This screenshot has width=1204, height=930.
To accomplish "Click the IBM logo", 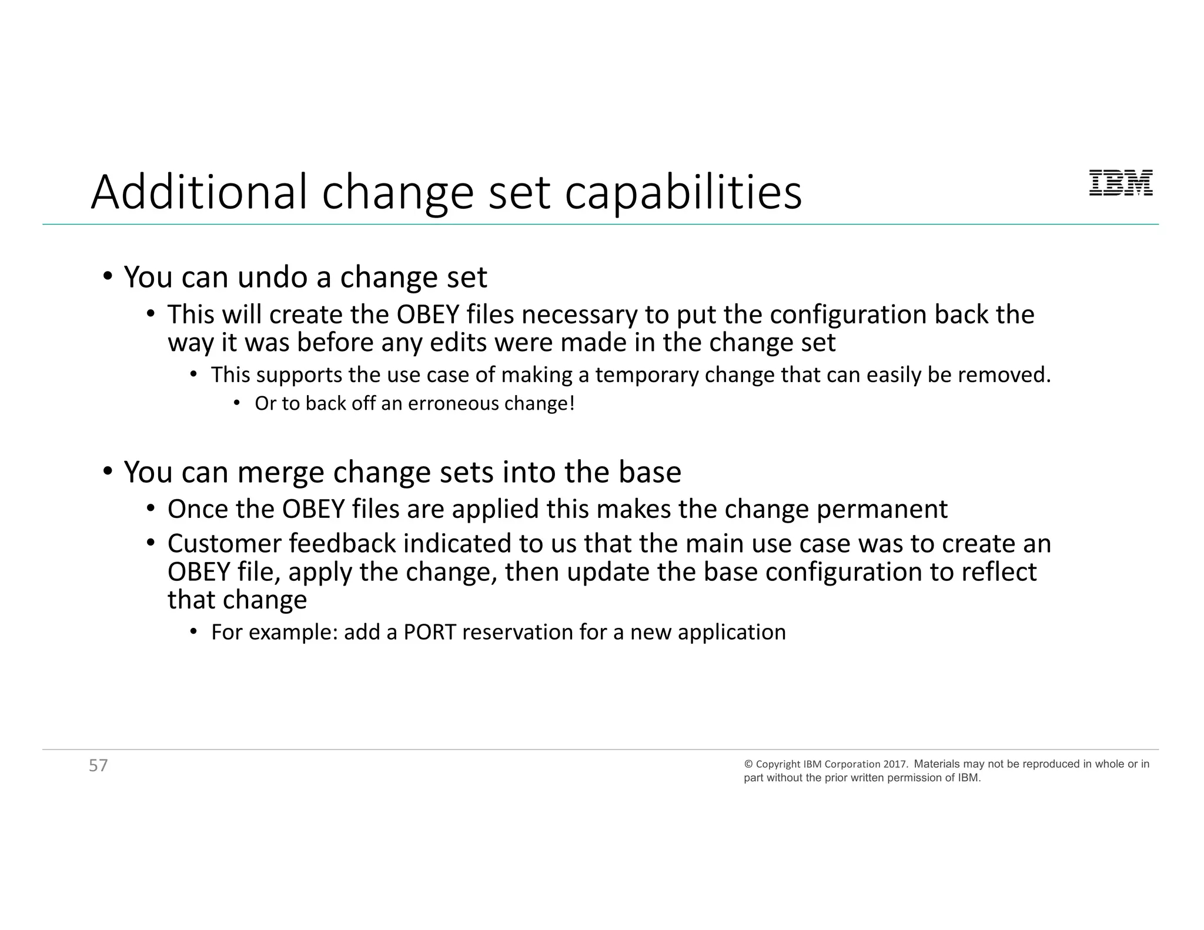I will click(x=1121, y=183).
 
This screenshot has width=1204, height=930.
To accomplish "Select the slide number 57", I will click(x=98, y=765).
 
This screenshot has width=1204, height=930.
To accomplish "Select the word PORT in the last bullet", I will click(x=429, y=632).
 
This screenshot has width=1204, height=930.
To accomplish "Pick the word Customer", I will click(x=225, y=543).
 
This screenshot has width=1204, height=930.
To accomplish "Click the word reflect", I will click(x=999, y=571).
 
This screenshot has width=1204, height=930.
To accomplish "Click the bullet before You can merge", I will click(x=108, y=471).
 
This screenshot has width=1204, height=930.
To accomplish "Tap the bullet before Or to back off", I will click(x=236, y=403).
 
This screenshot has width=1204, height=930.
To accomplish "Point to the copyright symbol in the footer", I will click(x=748, y=764).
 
